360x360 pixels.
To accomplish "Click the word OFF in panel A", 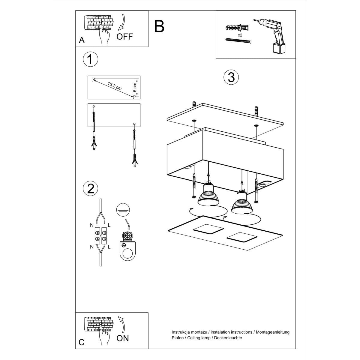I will pyautogui.click(x=124, y=37).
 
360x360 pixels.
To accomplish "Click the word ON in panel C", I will pyautogui.click(x=122, y=338).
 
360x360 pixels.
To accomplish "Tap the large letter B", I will pyautogui.click(x=159, y=26).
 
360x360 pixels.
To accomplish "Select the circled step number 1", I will pyautogui.click(x=90, y=59).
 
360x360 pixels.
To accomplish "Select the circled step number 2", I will pyautogui.click(x=90, y=188).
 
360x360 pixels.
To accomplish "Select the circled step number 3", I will pyautogui.click(x=231, y=77).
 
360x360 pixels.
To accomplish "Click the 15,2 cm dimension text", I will pyautogui.click(x=115, y=86).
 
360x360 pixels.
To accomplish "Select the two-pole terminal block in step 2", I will pyautogui.click(x=100, y=236).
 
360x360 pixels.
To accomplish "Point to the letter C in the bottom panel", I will pyautogui.click(x=82, y=342).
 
